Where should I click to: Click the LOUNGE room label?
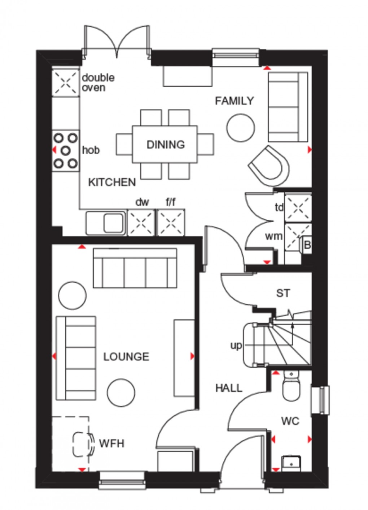pyautogui.click(x=126, y=357)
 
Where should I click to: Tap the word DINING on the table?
pyautogui.click(x=166, y=145)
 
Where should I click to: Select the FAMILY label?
pyautogui.click(x=235, y=101)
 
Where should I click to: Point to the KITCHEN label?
pyautogui.click(x=112, y=182)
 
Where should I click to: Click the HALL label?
pyautogui.click(x=229, y=388)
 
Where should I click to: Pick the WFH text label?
pyautogui.click(x=111, y=443)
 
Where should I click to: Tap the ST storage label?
pyautogui.click(x=283, y=293)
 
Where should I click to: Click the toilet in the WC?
pyautogui.click(x=291, y=387)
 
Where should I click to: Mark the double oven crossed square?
pyautogui.click(x=65, y=82)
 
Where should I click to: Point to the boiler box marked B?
pyautogui.click(x=307, y=245)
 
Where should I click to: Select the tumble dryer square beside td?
pyautogui.click(x=298, y=207)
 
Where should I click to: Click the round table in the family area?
pyautogui.click(x=241, y=128)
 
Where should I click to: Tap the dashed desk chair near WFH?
pyautogui.click(x=82, y=443)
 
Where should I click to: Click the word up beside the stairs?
pyautogui.click(x=236, y=346)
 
